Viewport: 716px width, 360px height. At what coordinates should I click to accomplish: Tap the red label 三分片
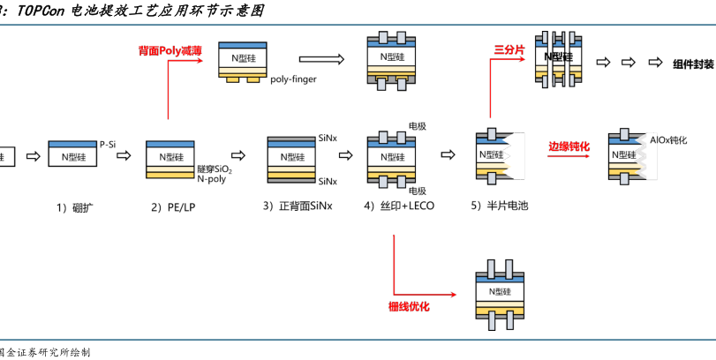pyautogui.click(x=509, y=50)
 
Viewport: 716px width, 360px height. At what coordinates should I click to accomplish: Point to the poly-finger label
pyautogui.click(x=293, y=79)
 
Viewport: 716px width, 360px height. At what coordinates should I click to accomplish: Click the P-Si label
pyautogui.click(x=108, y=143)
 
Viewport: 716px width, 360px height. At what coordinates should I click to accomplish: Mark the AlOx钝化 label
pyautogui.click(x=668, y=140)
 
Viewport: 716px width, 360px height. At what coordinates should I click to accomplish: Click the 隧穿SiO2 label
pyautogui.click(x=215, y=168)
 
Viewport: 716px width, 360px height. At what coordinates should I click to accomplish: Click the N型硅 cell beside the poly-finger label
pyautogui.click(x=241, y=57)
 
